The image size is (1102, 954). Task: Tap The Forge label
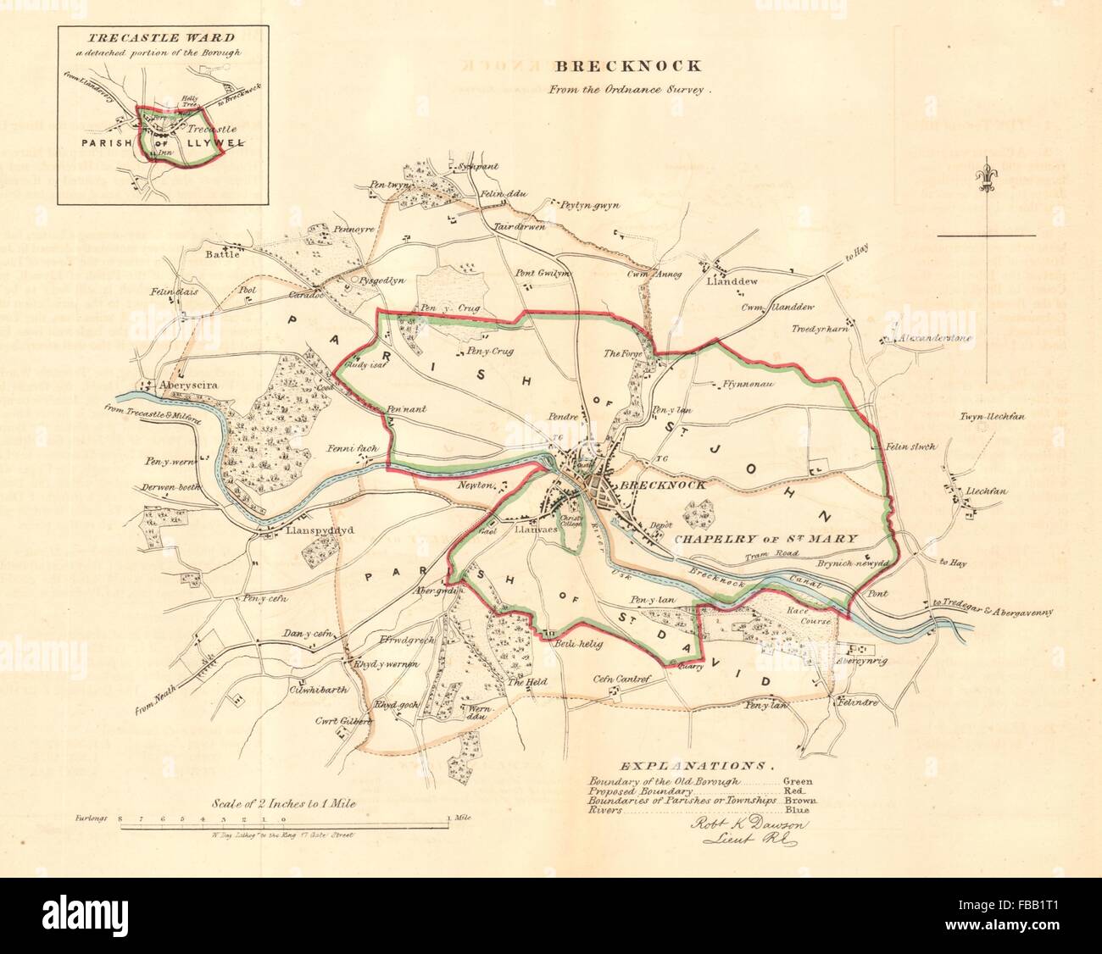coord(619,353)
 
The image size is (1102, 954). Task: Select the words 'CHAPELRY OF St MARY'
coord(766,538)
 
